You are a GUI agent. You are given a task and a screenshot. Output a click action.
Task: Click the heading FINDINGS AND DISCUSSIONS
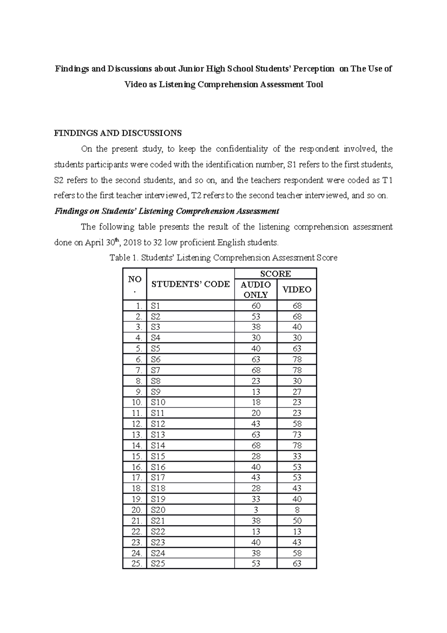coord(118,133)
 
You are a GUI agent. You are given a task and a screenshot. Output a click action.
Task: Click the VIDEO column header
coord(297,290)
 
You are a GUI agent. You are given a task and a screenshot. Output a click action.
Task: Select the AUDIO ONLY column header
coord(256,290)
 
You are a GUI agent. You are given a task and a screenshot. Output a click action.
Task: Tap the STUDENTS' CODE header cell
coord(190,284)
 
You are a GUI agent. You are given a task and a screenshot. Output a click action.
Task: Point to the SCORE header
coord(275,274)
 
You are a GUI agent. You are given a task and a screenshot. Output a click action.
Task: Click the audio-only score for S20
coord(256,510)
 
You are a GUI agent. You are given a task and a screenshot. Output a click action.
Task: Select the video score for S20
coord(297,510)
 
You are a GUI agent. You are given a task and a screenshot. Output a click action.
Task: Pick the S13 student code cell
coord(158,435)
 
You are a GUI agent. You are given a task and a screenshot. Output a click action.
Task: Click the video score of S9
coord(297,392)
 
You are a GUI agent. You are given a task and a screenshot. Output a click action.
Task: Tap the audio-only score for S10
coord(256,402)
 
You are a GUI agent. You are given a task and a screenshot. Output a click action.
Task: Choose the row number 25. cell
coord(137,564)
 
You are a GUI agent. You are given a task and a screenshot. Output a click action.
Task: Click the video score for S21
coord(297,521)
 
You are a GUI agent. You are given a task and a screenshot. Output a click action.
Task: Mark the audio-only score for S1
coord(256,306)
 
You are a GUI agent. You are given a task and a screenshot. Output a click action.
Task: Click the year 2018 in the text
coord(132,243)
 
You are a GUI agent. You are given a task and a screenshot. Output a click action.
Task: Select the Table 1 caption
coord(223,258)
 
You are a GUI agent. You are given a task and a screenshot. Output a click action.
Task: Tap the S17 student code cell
coord(158,478)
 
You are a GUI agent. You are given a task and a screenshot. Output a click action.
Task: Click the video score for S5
coord(297,349)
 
